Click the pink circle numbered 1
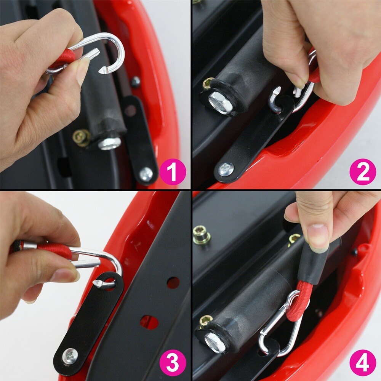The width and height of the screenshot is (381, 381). tap(173, 172)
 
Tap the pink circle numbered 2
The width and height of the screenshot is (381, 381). tap(363, 172)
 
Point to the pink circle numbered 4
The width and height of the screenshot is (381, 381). tap(363, 363)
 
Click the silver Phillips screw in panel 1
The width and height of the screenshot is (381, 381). tap(146, 174)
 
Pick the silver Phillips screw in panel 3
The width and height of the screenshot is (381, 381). tap(70, 356)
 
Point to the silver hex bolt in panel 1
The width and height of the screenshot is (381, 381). tap(110, 143)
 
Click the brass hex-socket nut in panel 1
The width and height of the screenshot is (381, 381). tap(82, 138)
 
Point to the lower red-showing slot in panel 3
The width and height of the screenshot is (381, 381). tap(149, 322)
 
